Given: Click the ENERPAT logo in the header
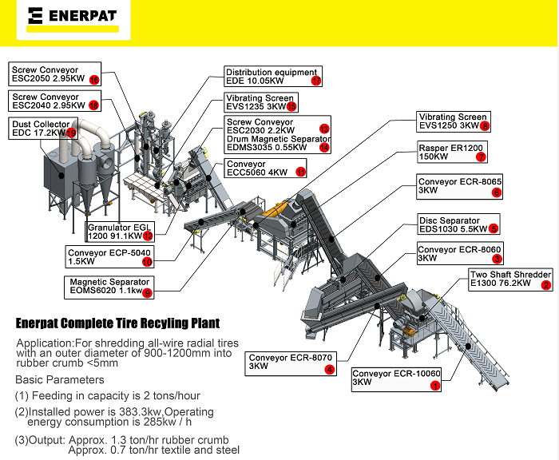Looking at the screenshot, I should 72,15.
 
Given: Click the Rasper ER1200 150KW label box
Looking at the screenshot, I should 451,152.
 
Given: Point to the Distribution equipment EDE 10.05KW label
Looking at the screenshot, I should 272,77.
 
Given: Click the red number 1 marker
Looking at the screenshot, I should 435,385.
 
